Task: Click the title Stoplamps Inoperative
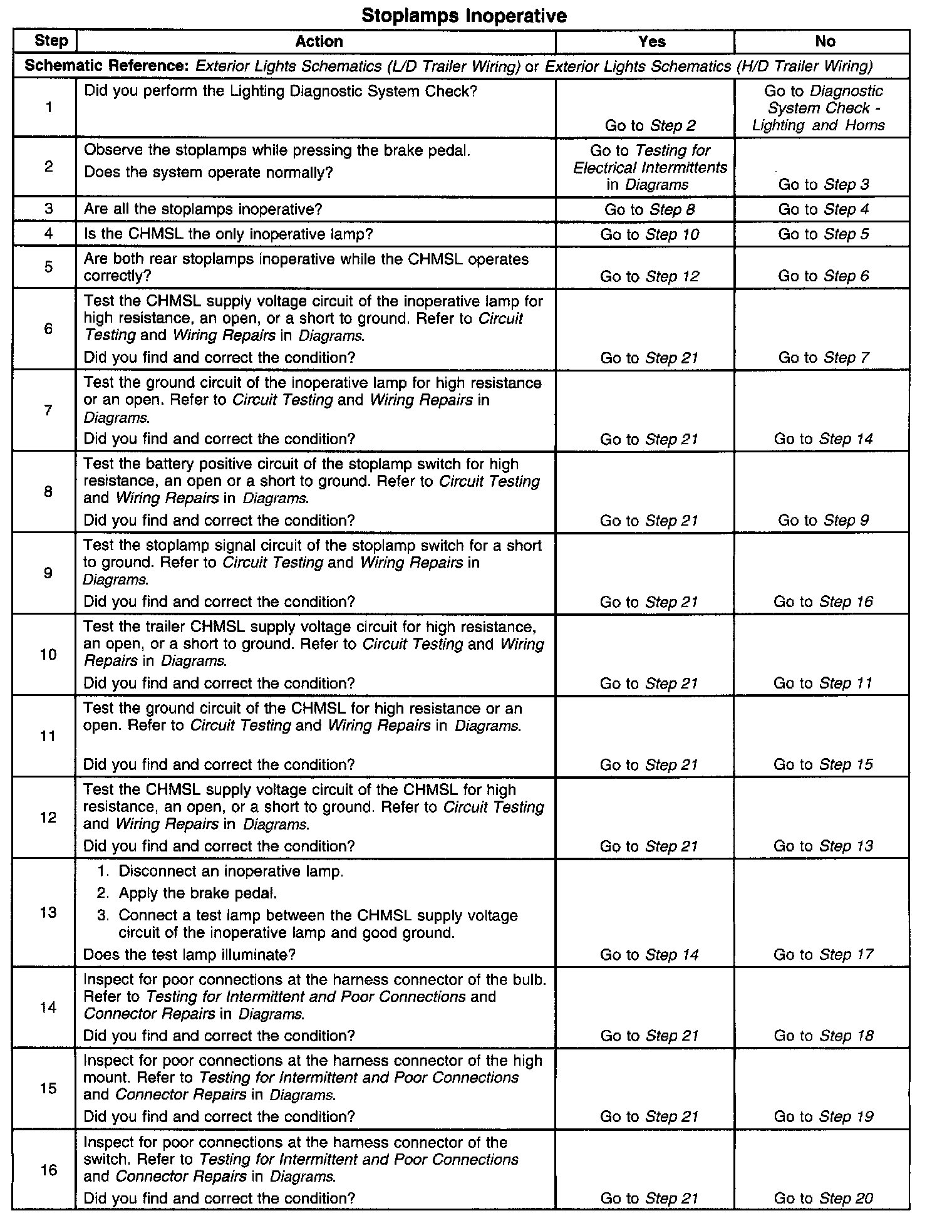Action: [x=464, y=16]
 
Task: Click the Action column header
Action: [x=319, y=41]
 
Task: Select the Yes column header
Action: [x=651, y=41]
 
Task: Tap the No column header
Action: [x=825, y=41]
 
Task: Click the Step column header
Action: [x=51, y=41]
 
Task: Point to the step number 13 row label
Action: [x=48, y=912]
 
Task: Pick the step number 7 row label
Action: [x=48, y=410]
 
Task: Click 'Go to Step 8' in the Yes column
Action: [x=650, y=209]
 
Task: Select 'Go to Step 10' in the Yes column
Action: [x=650, y=234]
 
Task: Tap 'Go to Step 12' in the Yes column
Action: [x=650, y=276]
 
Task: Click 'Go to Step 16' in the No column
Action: [x=823, y=602]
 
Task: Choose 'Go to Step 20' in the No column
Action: [x=823, y=1199]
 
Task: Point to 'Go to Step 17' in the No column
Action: [x=823, y=955]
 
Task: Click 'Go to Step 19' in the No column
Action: [x=823, y=1117]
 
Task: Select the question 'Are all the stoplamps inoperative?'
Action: [x=212, y=209]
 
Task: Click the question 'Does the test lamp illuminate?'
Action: [x=189, y=955]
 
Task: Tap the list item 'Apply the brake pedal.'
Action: [x=197, y=893]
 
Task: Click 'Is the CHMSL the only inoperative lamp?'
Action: [x=228, y=234]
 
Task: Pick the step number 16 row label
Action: [x=48, y=1170]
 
